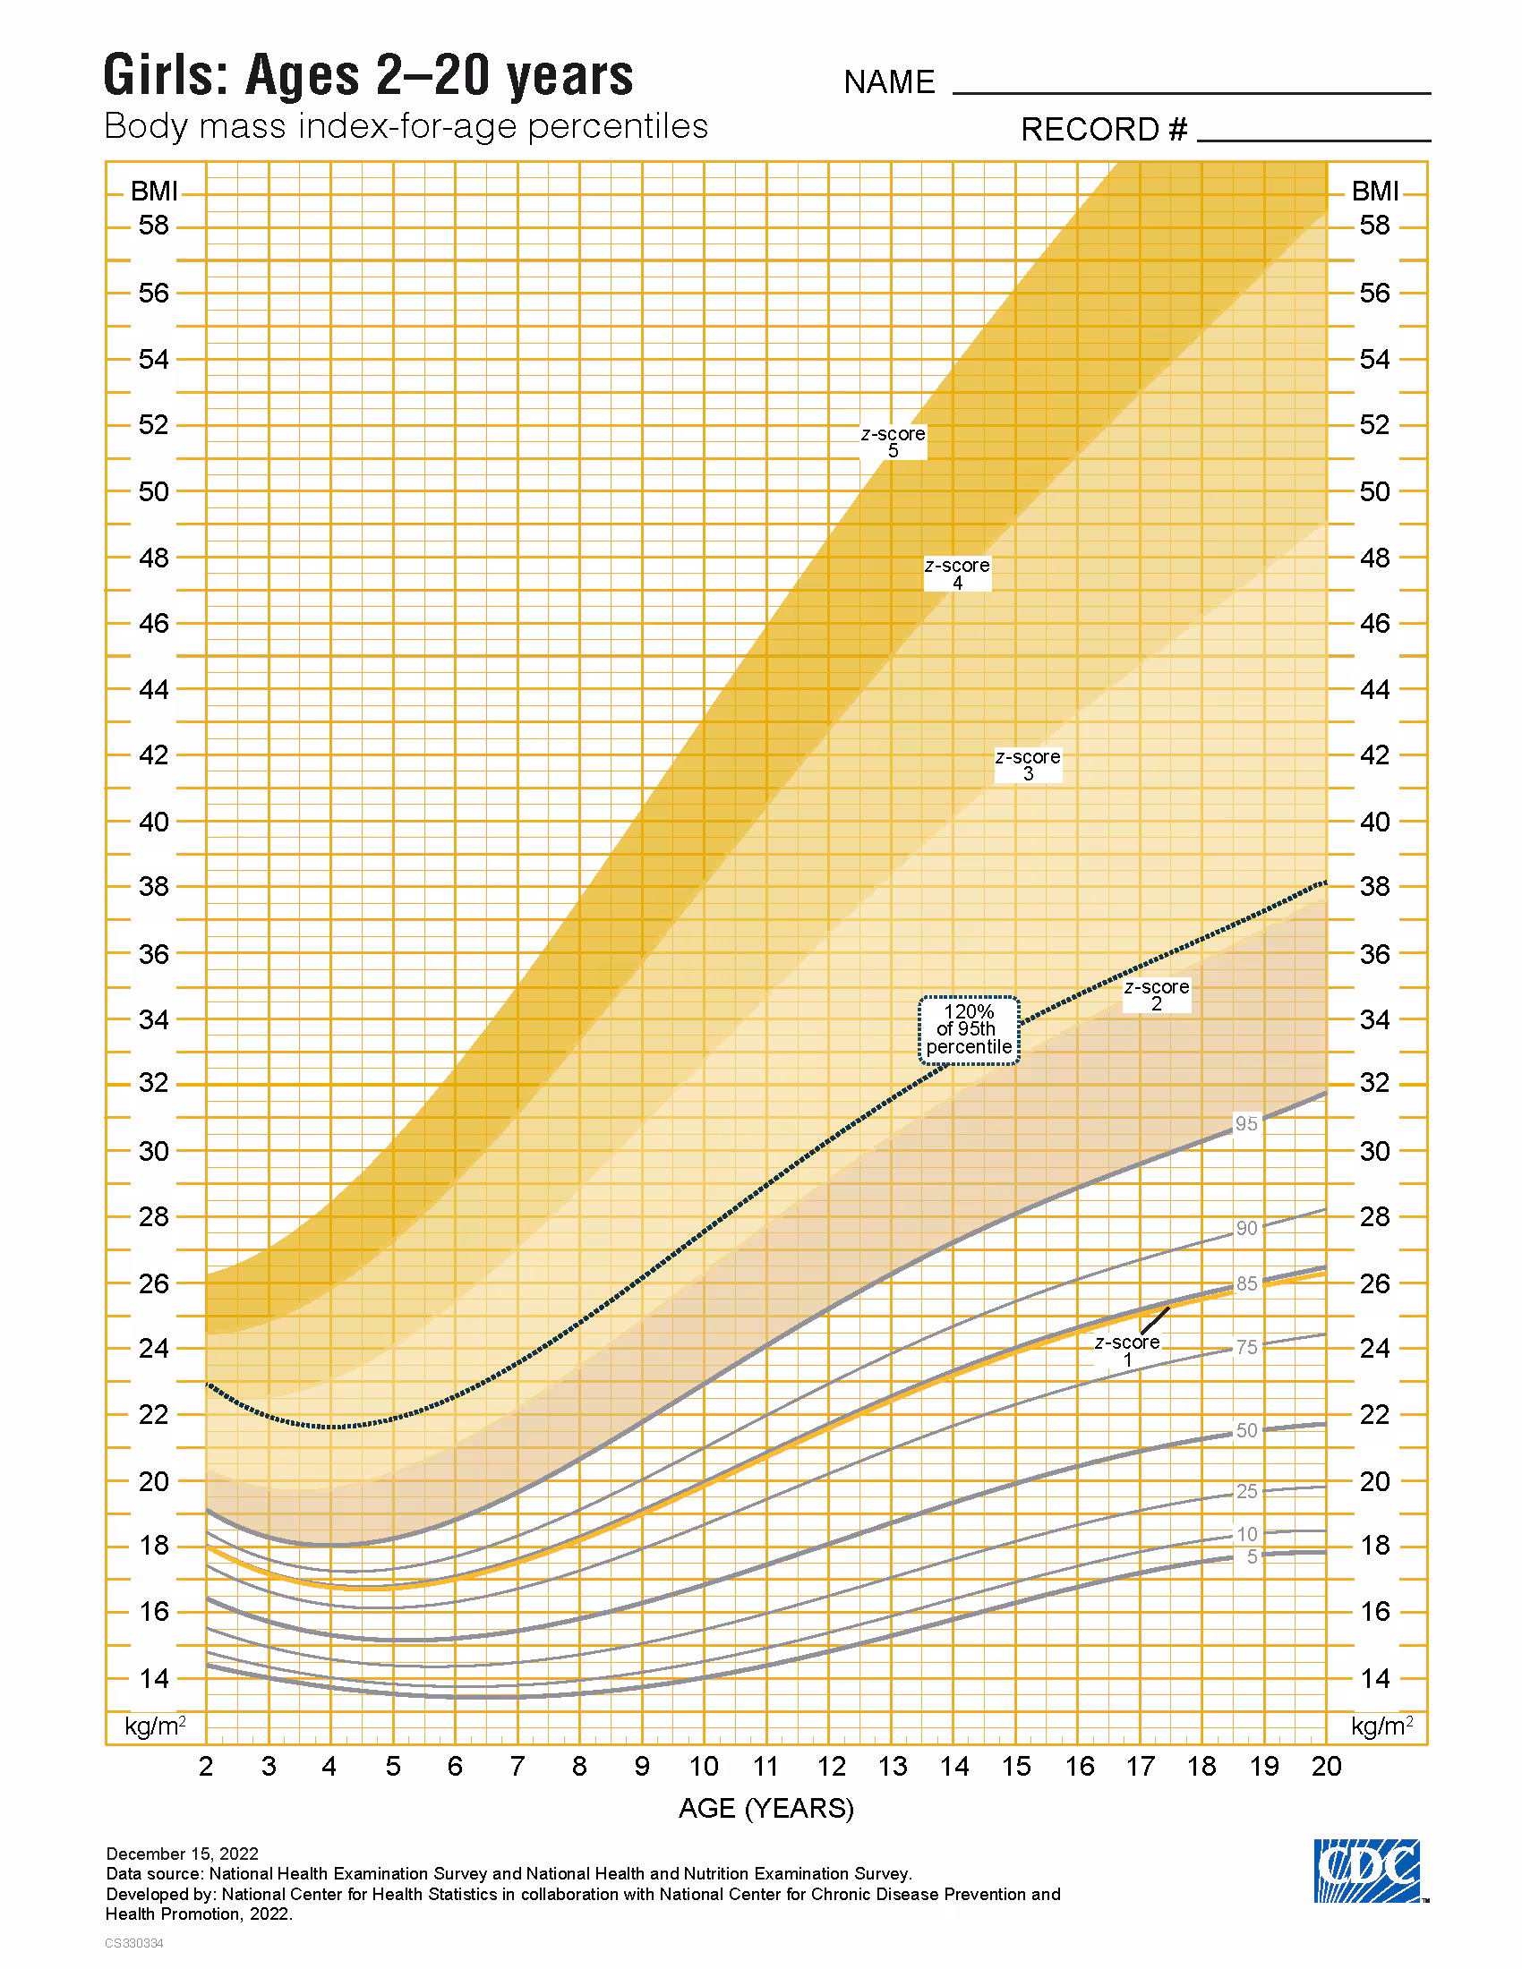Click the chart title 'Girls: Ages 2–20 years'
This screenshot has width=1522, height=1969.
pos(368,76)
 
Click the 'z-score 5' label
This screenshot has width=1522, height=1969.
pos(893,442)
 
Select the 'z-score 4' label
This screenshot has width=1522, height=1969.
pos(958,574)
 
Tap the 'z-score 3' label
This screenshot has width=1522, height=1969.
pos(1028,764)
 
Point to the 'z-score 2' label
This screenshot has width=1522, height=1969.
pos(1157,994)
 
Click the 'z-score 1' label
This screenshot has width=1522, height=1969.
pos(1127,1350)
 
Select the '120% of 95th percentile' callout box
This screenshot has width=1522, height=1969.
pos(970,1029)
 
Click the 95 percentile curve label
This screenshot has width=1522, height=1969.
pos(1246,1123)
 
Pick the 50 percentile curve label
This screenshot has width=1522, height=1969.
pos(1246,1430)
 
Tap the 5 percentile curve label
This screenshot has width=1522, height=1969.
pos(1252,1556)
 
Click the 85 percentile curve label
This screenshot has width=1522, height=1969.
pos(1246,1283)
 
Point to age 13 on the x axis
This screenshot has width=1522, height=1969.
pos(893,1765)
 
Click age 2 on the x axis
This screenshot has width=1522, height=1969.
pos(206,1765)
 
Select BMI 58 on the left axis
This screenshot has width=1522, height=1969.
pos(153,226)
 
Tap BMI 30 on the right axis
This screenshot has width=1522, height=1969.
pos(1374,1151)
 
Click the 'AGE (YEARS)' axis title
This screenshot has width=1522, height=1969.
pos(765,1808)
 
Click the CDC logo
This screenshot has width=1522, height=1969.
pos(1367,1870)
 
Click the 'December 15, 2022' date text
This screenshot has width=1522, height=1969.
pos(182,1854)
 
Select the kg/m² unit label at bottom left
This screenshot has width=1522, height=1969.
pos(155,1726)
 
